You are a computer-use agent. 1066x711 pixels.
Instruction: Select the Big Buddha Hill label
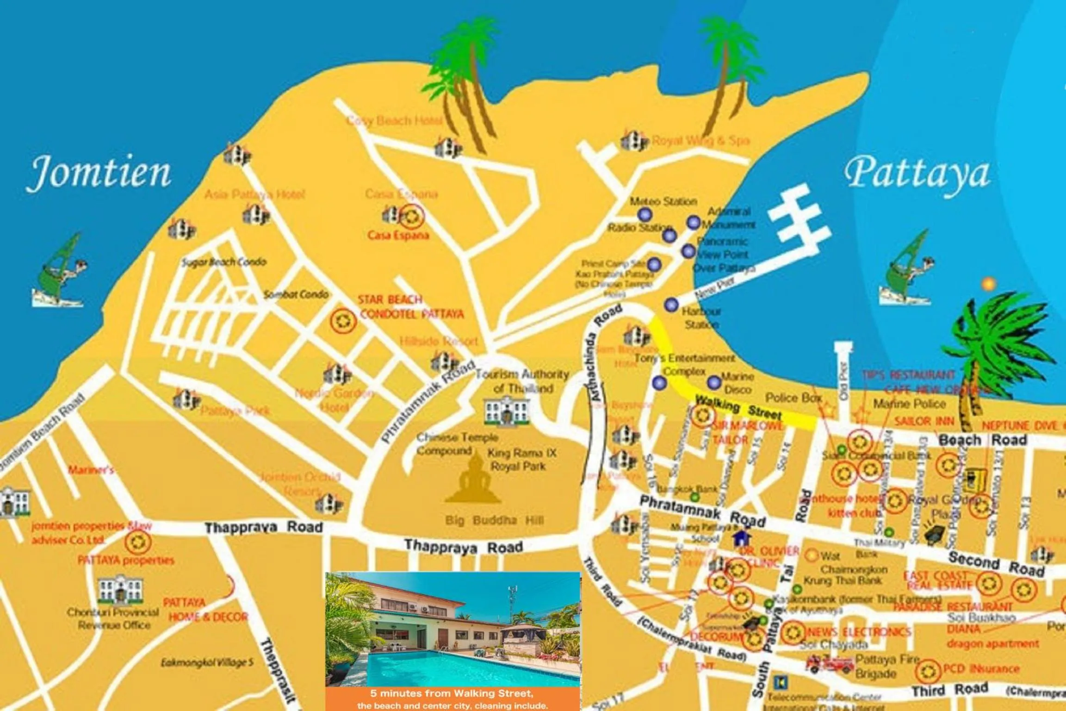[x=494, y=521]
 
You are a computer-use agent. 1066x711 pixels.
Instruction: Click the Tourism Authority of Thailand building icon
[x=506, y=411]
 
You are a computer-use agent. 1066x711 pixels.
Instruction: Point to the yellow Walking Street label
[x=738, y=407]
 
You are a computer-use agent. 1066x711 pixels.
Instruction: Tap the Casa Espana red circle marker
[x=411, y=216]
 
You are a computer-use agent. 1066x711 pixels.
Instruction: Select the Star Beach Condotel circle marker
[x=343, y=320]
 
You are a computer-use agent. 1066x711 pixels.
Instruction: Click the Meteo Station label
[x=663, y=201]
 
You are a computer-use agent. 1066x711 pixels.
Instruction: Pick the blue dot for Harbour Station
[x=671, y=305]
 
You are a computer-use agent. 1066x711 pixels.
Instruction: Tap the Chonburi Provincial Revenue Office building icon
[x=120, y=590]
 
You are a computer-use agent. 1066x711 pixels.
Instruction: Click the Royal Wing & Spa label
[x=700, y=140]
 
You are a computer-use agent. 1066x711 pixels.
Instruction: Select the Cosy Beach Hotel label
[x=394, y=121]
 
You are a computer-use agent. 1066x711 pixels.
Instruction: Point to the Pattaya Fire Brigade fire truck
[x=830, y=664]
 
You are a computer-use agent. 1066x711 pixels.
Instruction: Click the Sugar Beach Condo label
[x=224, y=262]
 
